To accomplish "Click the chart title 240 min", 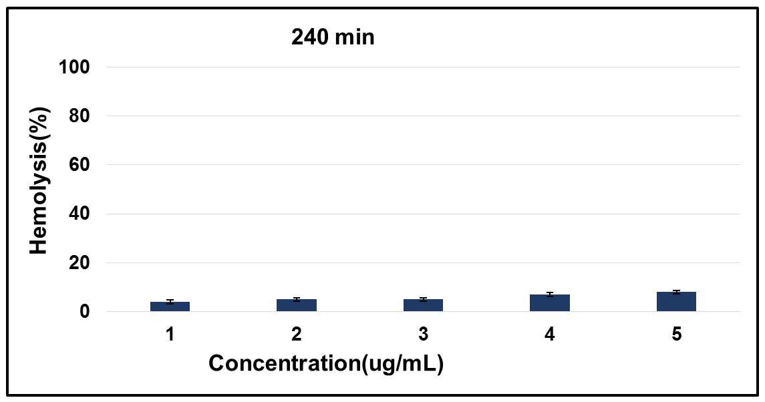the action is click(333, 37).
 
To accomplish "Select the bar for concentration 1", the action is click(170, 307).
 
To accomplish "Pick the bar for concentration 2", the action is click(297, 305).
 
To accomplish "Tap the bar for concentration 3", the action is click(423, 305).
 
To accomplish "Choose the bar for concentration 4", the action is click(550, 303).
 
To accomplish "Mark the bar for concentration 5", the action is click(676, 302).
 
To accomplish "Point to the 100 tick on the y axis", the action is click(75, 67).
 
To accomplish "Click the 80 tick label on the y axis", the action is click(80, 116).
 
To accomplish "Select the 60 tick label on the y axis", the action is click(80, 164).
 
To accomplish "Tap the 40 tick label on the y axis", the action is click(80, 214).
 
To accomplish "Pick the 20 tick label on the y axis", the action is click(80, 262).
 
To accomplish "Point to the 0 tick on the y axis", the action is click(86, 311).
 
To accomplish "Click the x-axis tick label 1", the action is click(170, 334).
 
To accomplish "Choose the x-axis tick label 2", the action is click(297, 334).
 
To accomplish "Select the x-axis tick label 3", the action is click(423, 334).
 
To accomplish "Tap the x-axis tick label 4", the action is click(550, 334).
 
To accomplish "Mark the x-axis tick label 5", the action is click(676, 334).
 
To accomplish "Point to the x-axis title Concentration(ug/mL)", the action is click(326, 364).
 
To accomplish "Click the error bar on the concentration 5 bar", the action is click(676, 292).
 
